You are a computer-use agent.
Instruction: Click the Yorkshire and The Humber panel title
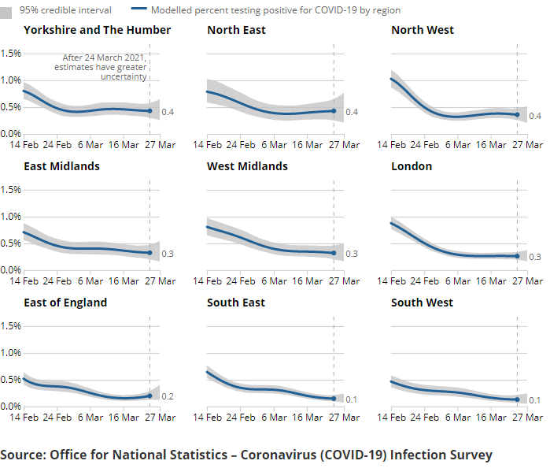tap(97, 30)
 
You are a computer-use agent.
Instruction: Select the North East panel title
tap(236, 30)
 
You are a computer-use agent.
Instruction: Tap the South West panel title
tap(423, 303)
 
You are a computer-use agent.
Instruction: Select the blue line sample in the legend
tap(139, 10)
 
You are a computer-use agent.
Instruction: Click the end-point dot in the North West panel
tap(517, 115)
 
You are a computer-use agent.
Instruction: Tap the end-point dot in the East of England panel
tap(149, 396)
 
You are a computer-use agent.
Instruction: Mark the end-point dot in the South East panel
tap(334, 399)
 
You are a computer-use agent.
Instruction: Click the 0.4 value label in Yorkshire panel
tap(168, 113)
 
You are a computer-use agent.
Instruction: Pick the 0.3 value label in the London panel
tap(535, 257)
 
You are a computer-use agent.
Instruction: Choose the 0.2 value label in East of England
tap(168, 396)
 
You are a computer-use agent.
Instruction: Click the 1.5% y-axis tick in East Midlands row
tap(11, 189)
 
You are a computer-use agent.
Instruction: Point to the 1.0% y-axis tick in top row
tap(11, 80)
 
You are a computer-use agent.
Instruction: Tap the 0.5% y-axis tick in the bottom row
tap(11, 380)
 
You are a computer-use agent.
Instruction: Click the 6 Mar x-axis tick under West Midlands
tap(274, 281)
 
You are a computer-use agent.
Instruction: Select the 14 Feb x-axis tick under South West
tap(392, 418)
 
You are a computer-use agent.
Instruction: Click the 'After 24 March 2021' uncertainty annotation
tap(101, 67)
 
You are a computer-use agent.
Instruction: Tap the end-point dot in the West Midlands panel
tap(334, 254)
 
